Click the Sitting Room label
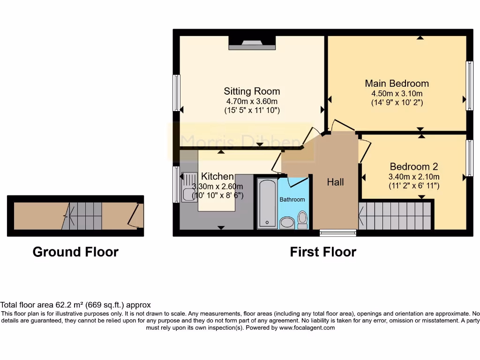(x=252, y=91)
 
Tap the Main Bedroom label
(x=397, y=83)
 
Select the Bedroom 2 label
(x=414, y=166)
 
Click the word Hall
(x=336, y=182)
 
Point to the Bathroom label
(x=292, y=199)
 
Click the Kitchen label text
(x=217, y=176)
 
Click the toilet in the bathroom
(x=302, y=219)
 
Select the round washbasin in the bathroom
(x=286, y=222)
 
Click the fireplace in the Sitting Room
(x=252, y=44)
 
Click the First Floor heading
(x=323, y=252)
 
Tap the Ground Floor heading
(x=75, y=252)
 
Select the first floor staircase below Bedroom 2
(x=395, y=216)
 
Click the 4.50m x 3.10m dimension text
(x=397, y=93)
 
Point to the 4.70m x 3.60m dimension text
(x=252, y=101)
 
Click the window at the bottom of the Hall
(x=337, y=232)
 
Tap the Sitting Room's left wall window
(x=176, y=92)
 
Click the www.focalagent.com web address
(x=307, y=328)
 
